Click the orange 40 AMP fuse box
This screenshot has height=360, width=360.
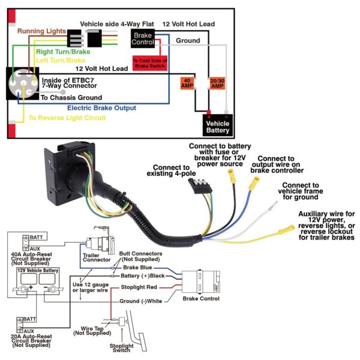click(x=186, y=83)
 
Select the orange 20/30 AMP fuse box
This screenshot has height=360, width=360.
click(x=217, y=83)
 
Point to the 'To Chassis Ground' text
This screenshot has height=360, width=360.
click(x=71, y=97)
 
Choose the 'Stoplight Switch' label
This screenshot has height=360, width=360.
click(x=125, y=349)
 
